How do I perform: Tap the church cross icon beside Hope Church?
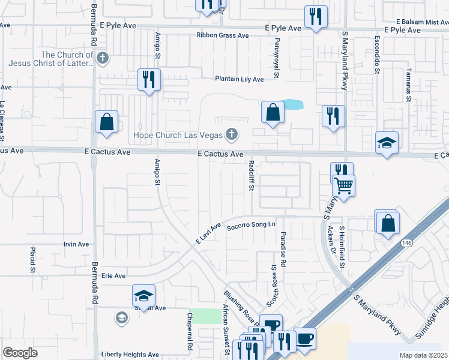231,134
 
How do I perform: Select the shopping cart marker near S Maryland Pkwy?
343,185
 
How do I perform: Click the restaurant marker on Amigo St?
149,80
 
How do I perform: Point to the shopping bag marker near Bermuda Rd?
106,121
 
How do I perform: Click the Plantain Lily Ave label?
240,79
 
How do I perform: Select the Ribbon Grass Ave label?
222,35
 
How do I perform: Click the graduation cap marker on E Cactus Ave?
387,143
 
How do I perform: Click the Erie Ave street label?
113,275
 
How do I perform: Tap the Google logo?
20,353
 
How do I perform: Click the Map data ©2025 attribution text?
423,355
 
